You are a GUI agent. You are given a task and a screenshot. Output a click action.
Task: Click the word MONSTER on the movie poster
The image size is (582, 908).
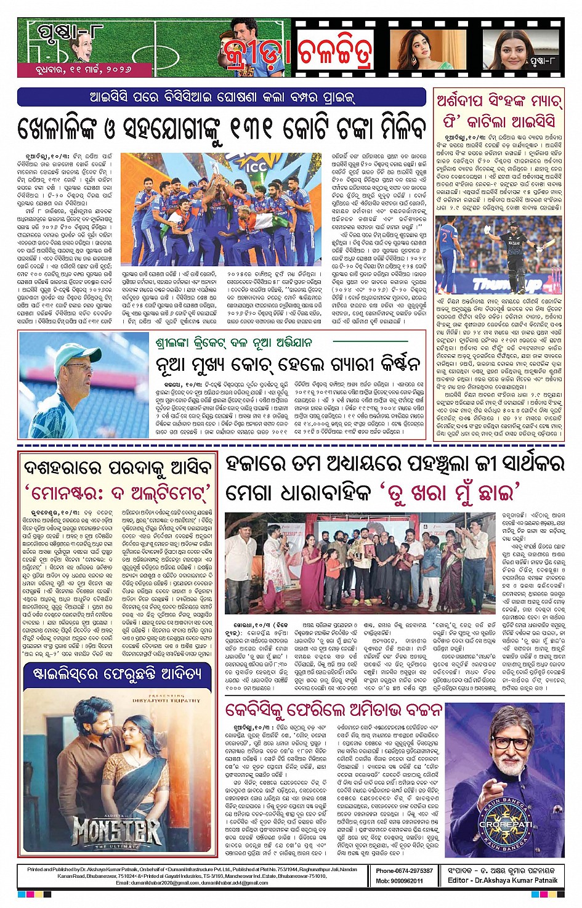116,830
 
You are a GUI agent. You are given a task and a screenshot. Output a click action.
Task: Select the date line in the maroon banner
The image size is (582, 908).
83,70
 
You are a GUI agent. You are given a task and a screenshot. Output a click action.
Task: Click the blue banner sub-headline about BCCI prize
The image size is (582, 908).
222,97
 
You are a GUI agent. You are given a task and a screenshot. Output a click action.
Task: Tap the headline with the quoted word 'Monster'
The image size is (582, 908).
117,493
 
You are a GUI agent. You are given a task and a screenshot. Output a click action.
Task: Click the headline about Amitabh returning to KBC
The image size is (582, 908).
333,710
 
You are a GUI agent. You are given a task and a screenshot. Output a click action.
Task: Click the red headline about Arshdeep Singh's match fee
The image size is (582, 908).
499,111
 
